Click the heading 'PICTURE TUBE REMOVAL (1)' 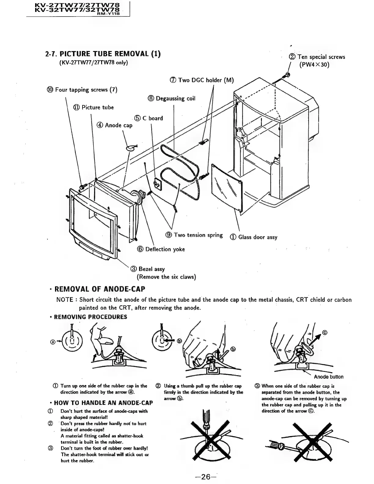[103, 54]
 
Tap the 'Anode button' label [328, 377]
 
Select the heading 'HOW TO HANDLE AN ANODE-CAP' [103, 403]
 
